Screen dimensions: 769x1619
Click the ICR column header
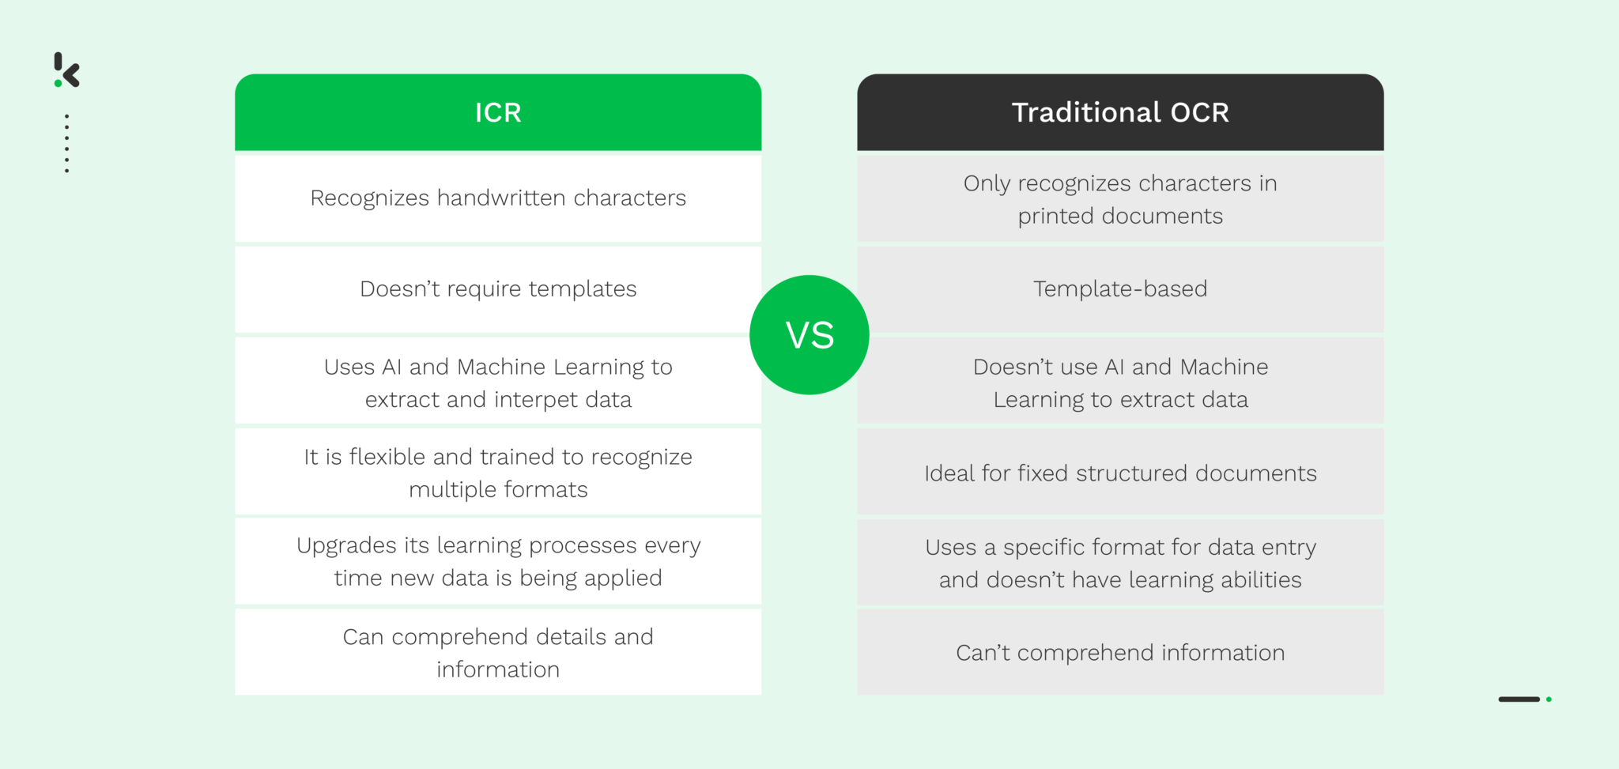coord(498,112)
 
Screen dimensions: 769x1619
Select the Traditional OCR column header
coord(1120,112)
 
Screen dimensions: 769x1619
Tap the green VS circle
coord(809,335)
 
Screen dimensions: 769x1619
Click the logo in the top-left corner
coord(67,70)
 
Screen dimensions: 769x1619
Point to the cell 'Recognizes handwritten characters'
coord(498,198)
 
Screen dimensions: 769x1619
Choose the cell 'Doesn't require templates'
coord(498,289)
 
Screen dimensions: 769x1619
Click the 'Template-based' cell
coord(1120,289)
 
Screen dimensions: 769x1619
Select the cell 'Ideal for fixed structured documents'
coord(1120,473)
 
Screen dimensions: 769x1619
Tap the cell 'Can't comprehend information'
coord(1120,653)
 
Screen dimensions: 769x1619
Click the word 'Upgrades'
coord(346,546)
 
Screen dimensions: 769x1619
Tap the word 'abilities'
coord(1260,580)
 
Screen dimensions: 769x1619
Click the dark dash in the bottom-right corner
coord(1519,699)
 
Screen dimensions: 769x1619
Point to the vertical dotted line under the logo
coord(67,143)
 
